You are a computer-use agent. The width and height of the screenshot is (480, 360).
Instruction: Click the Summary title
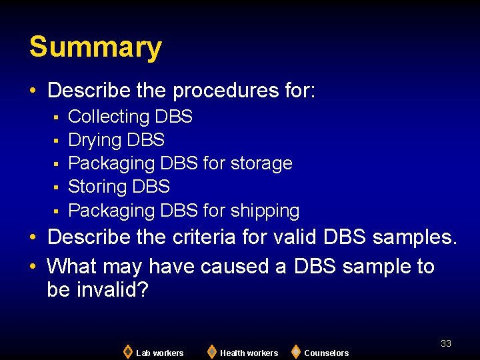(95, 47)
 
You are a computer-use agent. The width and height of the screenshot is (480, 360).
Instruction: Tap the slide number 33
(446, 343)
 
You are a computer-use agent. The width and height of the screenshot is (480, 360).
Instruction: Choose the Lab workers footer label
(159, 353)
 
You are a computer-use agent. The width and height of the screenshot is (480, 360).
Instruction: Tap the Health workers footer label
(249, 353)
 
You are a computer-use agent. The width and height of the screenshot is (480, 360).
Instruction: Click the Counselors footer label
(326, 353)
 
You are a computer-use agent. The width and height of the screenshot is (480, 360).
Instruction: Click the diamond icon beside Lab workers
(127, 351)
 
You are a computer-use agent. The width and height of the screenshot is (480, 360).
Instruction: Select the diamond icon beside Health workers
(211, 351)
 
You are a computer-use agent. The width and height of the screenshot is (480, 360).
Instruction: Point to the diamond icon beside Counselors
(295, 351)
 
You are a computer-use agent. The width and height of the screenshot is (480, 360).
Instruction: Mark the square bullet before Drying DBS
(57, 141)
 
